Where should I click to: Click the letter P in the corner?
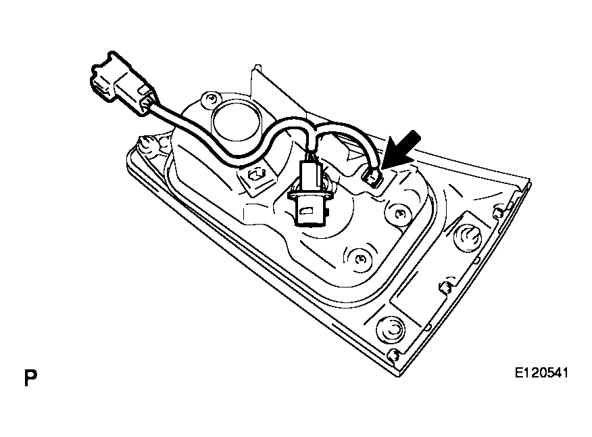coord(30,377)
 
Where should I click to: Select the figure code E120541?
coord(541,373)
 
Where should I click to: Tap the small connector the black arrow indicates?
coord(372,177)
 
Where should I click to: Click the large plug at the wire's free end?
coord(121,83)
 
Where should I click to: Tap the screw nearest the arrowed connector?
coord(398,214)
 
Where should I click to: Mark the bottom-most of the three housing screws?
coord(360,259)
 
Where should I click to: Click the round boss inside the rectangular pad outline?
coord(468,237)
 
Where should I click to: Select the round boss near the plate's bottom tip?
coord(391,329)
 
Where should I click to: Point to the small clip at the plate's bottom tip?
coord(393,354)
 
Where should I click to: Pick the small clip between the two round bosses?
coord(445,287)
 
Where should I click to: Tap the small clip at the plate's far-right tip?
coord(498,211)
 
